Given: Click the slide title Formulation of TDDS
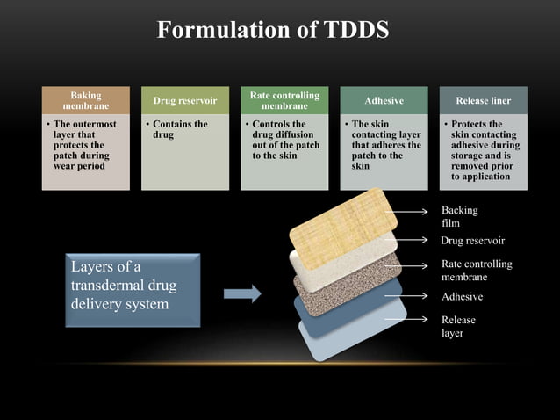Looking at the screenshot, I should tap(272, 30).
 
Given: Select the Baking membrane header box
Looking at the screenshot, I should tap(85, 100).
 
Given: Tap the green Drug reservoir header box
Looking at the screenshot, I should tap(184, 101).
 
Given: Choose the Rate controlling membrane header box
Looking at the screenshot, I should tap(284, 100).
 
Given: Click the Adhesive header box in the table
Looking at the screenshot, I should tap(384, 101).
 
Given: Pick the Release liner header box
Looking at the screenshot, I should tap(483, 101).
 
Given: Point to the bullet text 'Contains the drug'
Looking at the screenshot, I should tap(180, 130).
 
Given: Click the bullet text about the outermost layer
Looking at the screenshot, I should tap(81, 145).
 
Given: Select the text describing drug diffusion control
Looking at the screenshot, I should tap(283, 141).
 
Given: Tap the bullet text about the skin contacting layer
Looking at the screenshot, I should tap(384, 145).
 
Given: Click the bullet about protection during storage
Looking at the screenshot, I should tap(484, 150).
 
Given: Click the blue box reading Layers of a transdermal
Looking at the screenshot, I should tap(133, 289).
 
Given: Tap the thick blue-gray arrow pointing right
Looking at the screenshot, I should tap(242, 293).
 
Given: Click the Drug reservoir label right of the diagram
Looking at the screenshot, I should tap(472, 240).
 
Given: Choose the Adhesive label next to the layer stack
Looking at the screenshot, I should tap(462, 297).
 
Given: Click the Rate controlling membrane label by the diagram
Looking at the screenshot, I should tap(476, 271).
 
